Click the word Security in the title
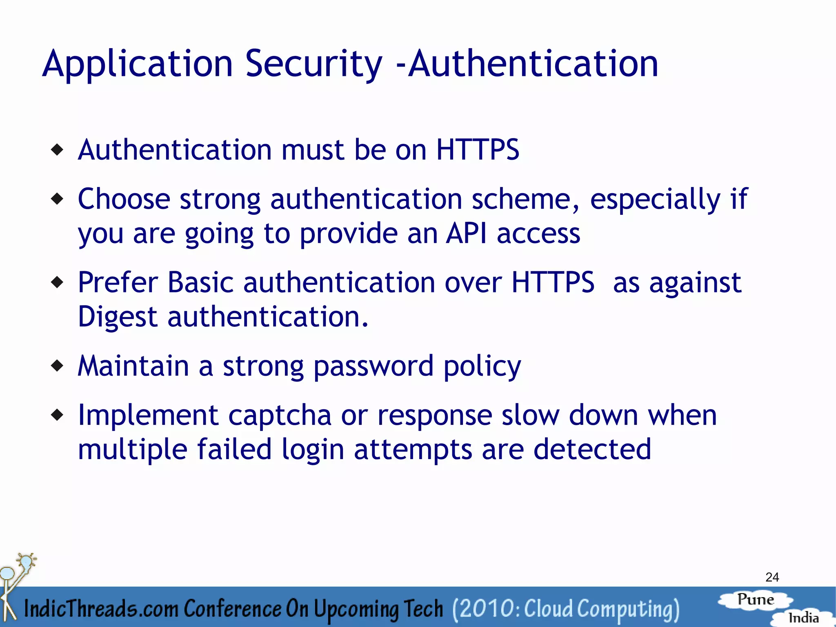pyautogui.click(x=313, y=64)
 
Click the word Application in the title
pyautogui.click(x=137, y=64)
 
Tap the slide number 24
pyautogui.click(x=772, y=577)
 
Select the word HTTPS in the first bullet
pyautogui.click(x=478, y=149)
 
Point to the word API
pyautogui.click(x=466, y=234)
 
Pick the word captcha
pyautogui.click(x=280, y=415)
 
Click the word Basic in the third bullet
pyautogui.click(x=200, y=282)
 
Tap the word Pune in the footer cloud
pyautogui.click(x=756, y=600)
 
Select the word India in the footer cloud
pyautogui.click(x=803, y=618)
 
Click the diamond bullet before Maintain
pyautogui.click(x=58, y=366)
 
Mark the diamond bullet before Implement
pyautogui.click(x=58, y=415)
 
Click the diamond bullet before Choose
pyautogui.click(x=58, y=199)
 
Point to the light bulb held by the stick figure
pyautogui.click(x=27, y=562)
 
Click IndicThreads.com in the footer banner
pyautogui.click(x=101, y=609)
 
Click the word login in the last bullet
pyautogui.click(x=313, y=450)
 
